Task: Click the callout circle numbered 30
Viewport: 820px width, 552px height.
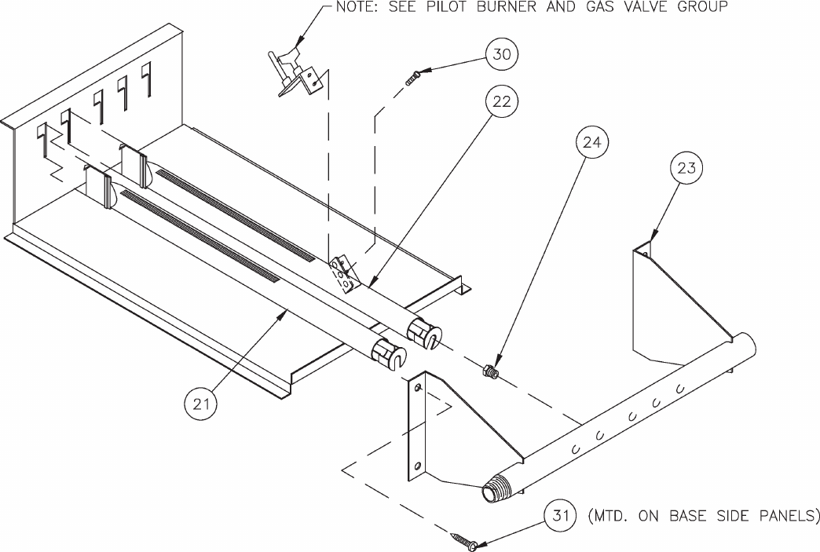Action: [x=502, y=54]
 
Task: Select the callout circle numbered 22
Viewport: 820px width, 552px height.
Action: [x=502, y=101]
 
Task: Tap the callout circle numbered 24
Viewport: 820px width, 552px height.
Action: [x=591, y=142]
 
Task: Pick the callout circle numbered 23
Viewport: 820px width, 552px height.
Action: [x=686, y=168]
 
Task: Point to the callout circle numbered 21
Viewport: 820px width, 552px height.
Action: [x=201, y=404]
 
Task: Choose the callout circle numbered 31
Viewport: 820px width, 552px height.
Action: [x=560, y=516]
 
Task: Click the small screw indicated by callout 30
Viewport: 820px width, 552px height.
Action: [x=412, y=78]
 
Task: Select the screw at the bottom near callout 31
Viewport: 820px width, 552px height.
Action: [x=464, y=541]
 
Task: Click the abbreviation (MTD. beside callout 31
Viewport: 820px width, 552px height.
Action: [x=607, y=516]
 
